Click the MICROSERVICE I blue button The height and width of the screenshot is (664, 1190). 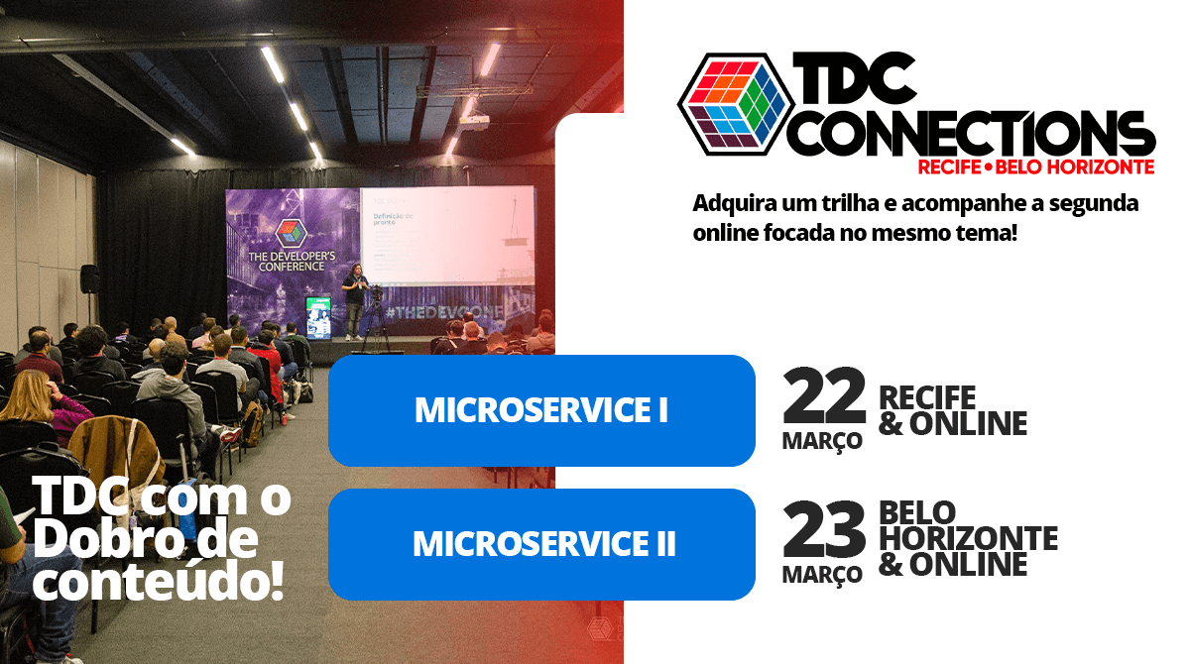[x=541, y=410]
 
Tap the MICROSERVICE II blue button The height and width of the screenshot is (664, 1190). [x=541, y=544]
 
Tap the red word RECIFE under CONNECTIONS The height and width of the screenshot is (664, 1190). [x=948, y=166]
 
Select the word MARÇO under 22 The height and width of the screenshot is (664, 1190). [x=822, y=441]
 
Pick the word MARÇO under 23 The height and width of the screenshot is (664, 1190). [x=822, y=575]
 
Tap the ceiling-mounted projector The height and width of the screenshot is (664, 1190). [x=474, y=122]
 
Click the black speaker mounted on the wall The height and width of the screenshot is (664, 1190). [x=90, y=278]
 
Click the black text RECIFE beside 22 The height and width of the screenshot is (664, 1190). [x=927, y=398]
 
